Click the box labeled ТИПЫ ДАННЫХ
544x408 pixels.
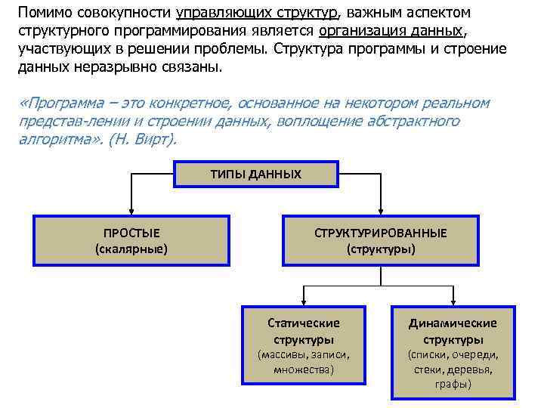click(255, 175)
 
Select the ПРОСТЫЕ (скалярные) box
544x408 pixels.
click(131, 240)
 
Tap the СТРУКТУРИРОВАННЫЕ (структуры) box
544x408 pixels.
click(380, 240)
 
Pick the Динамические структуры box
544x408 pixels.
click(453, 352)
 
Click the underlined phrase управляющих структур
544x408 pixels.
click(258, 13)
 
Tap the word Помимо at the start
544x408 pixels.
click(43, 13)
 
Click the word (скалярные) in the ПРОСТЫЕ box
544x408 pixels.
click(131, 249)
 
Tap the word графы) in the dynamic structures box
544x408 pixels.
click(453, 385)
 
